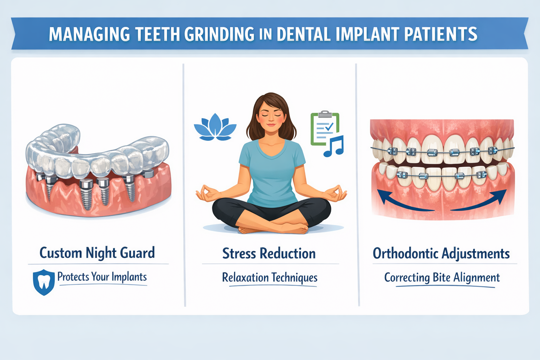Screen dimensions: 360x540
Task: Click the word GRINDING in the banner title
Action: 219,34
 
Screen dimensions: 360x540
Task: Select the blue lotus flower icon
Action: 215,127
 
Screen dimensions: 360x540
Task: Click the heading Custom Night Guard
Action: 97,253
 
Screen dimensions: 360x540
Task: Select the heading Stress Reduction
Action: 269,253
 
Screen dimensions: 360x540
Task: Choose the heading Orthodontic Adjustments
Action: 441,253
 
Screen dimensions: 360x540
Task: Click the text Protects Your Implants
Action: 102,277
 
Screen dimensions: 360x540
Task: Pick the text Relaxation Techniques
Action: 270,278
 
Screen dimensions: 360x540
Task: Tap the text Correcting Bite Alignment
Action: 442,278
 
